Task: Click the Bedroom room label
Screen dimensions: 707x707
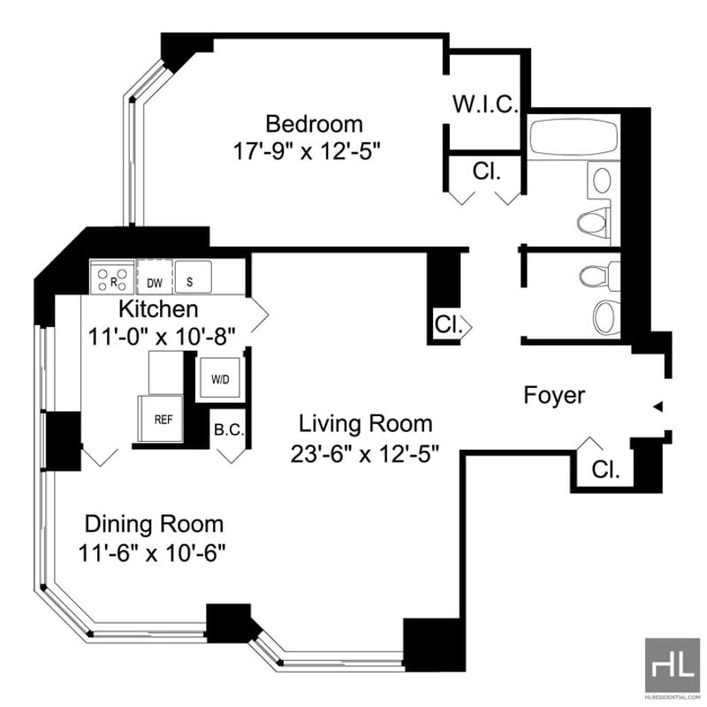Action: click(x=315, y=123)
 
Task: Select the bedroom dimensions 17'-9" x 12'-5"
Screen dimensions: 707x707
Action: click(x=306, y=150)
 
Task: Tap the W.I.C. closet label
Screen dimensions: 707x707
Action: click(x=485, y=104)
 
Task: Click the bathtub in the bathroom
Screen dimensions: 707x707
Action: click(x=572, y=138)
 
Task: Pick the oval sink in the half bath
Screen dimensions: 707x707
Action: click(x=605, y=314)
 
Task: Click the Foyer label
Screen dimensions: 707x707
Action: click(x=554, y=395)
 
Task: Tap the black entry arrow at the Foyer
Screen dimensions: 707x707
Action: click(x=657, y=406)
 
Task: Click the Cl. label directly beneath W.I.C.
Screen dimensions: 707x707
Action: click(x=486, y=172)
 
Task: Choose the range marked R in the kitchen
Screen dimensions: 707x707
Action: click(x=112, y=277)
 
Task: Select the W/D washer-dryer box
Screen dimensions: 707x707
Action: click(x=219, y=380)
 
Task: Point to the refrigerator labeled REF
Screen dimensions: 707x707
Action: click(x=162, y=419)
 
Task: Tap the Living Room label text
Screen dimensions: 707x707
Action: click(x=365, y=422)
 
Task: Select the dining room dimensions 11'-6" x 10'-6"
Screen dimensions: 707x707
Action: click(x=154, y=553)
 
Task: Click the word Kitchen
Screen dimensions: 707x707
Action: click(x=158, y=309)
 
